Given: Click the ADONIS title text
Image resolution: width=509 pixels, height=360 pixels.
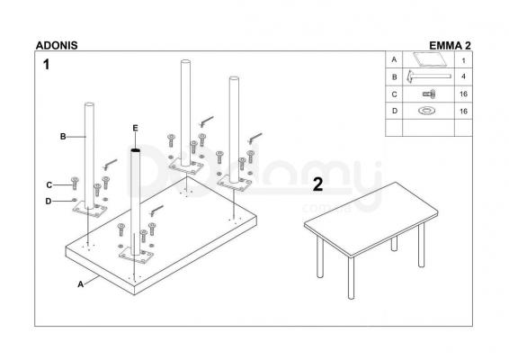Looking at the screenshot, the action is [57, 46].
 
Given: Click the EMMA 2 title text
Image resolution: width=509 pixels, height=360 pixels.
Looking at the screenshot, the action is [450, 46].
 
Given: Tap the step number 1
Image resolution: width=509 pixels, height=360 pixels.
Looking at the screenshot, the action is [47, 64].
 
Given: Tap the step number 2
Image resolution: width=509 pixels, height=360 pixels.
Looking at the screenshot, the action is [318, 184].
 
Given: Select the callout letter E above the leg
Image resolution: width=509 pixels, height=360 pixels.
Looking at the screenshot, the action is [136, 128].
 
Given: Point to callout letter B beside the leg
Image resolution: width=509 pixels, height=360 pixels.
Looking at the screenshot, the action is [63, 137].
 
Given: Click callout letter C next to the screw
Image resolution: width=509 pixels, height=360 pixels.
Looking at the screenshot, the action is [49, 184].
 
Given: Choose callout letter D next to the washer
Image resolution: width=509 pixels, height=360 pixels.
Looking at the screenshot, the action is [49, 202].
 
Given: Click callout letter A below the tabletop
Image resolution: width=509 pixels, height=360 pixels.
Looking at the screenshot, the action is [81, 284].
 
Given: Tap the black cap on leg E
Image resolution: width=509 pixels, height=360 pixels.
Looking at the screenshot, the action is [136, 150].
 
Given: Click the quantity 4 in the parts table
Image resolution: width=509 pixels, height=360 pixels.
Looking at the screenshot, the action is [463, 76].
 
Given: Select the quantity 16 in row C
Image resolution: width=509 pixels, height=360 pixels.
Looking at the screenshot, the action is [463, 94].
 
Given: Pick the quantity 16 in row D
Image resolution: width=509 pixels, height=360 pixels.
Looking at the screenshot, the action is [463, 111].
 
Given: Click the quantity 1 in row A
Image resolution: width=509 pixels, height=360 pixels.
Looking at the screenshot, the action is [463, 60].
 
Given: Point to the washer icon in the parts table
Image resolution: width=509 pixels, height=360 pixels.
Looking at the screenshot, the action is [427, 111].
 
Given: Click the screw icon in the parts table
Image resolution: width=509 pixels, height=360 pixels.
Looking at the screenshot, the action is [429, 94].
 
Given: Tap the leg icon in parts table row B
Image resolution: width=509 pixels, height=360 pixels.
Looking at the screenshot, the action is [428, 76].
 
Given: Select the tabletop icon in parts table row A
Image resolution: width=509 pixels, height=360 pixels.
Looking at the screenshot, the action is [430, 58].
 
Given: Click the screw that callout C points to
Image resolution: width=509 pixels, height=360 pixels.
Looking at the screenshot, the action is [75, 184].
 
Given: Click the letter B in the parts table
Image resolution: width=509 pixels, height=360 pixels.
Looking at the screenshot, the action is [395, 77].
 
